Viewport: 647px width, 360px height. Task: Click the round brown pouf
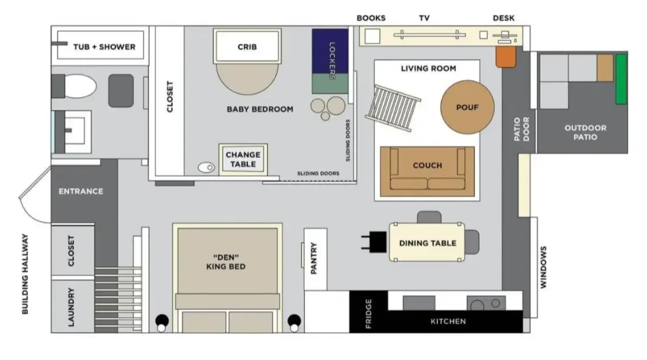[x=467, y=107]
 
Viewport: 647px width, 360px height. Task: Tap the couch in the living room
[x=427, y=171]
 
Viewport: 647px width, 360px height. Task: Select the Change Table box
[x=243, y=159]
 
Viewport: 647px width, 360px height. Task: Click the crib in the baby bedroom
[x=247, y=47]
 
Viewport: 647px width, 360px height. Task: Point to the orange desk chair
[x=505, y=56]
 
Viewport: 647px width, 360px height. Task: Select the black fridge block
[x=368, y=312]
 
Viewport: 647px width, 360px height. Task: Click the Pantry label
[x=314, y=258]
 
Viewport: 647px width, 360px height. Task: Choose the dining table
[x=427, y=243]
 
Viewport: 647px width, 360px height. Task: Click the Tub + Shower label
[x=104, y=47]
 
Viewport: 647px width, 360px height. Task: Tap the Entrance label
[x=81, y=191]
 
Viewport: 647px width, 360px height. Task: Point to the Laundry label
[x=72, y=307]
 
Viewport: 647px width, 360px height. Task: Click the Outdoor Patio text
[x=585, y=132]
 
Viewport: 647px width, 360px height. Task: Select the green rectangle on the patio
[x=621, y=79]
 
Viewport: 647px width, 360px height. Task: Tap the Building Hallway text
[x=25, y=274]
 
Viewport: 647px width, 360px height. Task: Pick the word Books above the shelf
[x=371, y=18]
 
